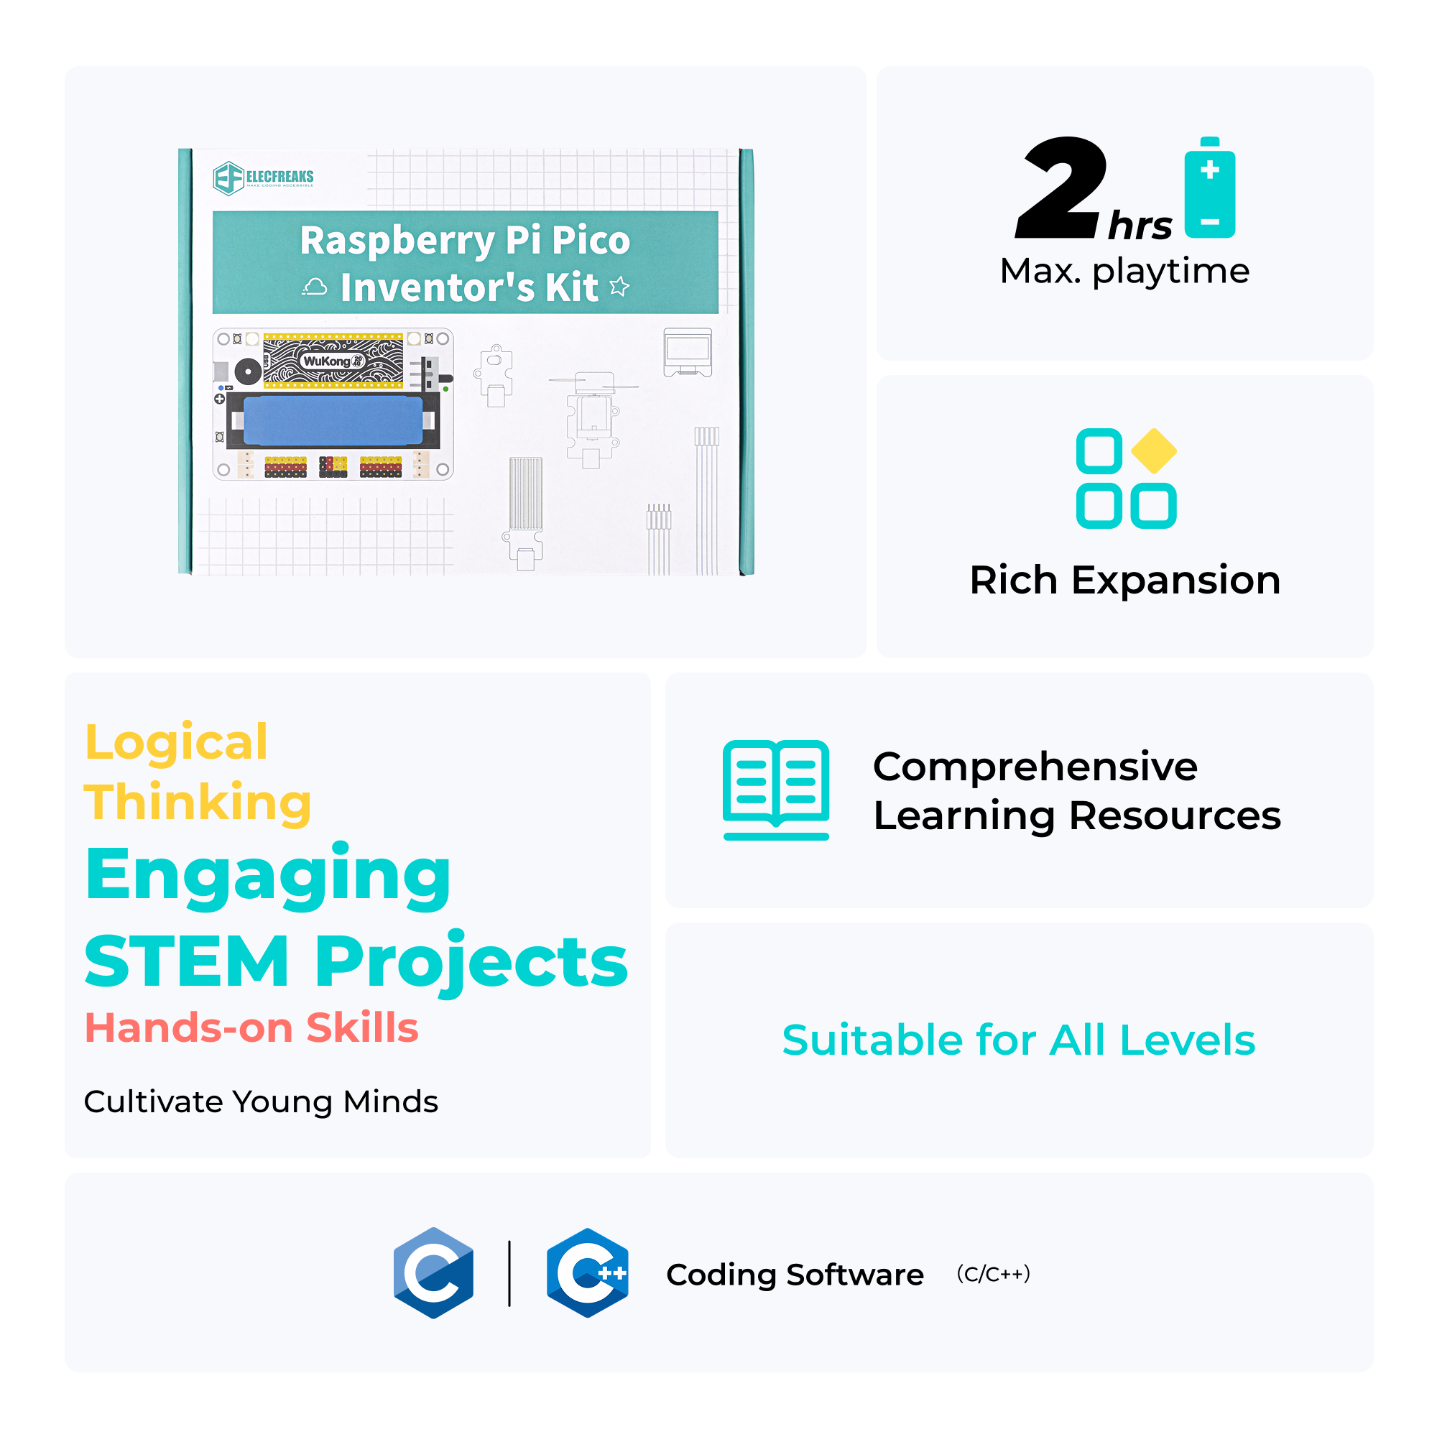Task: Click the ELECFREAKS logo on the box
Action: coord(263,177)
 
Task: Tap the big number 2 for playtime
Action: coord(1061,189)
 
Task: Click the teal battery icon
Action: coord(1209,188)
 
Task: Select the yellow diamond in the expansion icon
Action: coord(1153,450)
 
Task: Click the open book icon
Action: coord(776,789)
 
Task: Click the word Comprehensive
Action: coord(1035,766)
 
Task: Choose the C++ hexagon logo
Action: coord(587,1272)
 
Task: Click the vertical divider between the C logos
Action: coord(509,1272)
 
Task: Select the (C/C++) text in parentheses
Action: coord(993,1273)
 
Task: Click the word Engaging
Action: coord(268,876)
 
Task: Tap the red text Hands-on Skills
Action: coord(251,1028)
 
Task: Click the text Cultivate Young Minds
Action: coord(260,1101)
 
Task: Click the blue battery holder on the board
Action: coord(333,421)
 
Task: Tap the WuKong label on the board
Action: coord(331,361)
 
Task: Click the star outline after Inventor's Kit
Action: coord(619,287)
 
